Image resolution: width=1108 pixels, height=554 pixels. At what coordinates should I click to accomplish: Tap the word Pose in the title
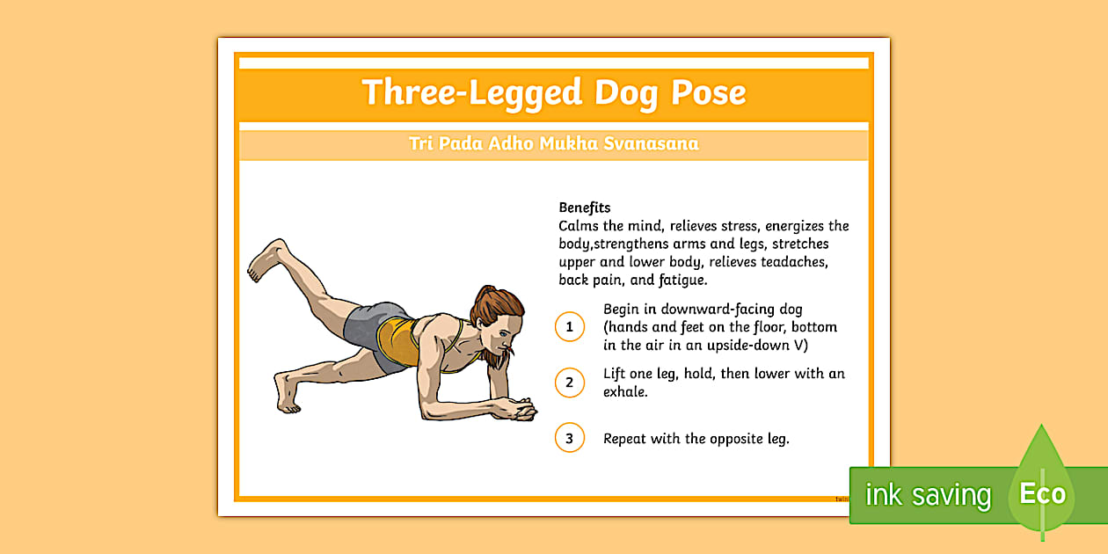pyautogui.click(x=709, y=92)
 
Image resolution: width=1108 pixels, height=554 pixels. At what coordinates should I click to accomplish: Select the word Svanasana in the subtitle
pyautogui.click(x=651, y=143)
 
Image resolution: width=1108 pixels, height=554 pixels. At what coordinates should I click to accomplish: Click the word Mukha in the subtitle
pyautogui.click(x=568, y=143)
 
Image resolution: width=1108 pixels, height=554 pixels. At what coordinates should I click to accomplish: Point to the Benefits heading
pyautogui.click(x=585, y=208)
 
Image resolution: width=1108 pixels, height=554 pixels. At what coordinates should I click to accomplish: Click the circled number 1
pyautogui.click(x=569, y=326)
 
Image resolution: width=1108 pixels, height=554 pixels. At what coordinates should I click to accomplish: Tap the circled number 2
pyautogui.click(x=569, y=383)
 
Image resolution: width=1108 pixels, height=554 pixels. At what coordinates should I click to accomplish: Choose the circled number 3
pyautogui.click(x=569, y=438)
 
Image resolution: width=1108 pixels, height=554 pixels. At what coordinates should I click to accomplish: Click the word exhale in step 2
pyautogui.click(x=624, y=392)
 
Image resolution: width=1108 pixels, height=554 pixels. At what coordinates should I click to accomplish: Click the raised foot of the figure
pyautogui.click(x=267, y=259)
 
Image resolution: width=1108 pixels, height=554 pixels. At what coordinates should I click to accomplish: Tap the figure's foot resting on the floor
pyautogui.click(x=287, y=393)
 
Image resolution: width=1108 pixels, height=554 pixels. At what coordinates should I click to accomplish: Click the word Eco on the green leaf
pyautogui.click(x=1042, y=493)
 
